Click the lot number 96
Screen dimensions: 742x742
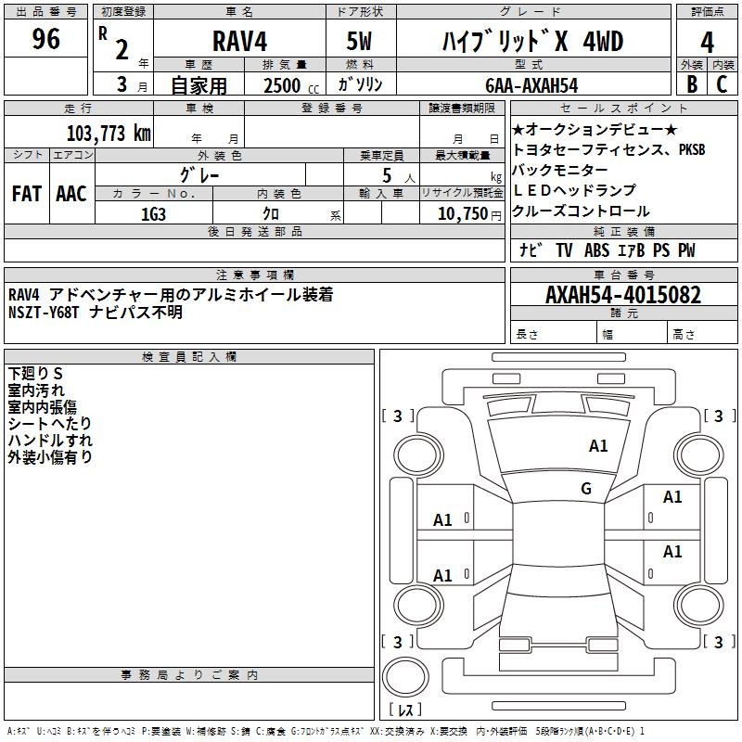click(x=46, y=39)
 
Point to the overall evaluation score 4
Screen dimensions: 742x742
click(x=708, y=41)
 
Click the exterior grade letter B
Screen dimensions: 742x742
click(x=692, y=83)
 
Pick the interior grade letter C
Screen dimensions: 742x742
click(x=722, y=83)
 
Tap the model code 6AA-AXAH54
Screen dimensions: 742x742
click(x=531, y=85)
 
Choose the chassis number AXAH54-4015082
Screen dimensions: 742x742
click(x=623, y=295)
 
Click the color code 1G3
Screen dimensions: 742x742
click(x=154, y=213)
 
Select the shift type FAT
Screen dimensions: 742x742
click(x=27, y=194)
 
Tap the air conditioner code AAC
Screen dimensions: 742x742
click(x=71, y=194)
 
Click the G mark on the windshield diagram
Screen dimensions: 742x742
click(x=586, y=488)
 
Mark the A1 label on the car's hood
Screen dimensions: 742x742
click(x=598, y=446)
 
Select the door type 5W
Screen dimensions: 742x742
click(x=361, y=41)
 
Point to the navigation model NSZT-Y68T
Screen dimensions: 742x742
click(x=45, y=313)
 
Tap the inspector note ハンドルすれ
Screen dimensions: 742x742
click(x=50, y=440)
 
